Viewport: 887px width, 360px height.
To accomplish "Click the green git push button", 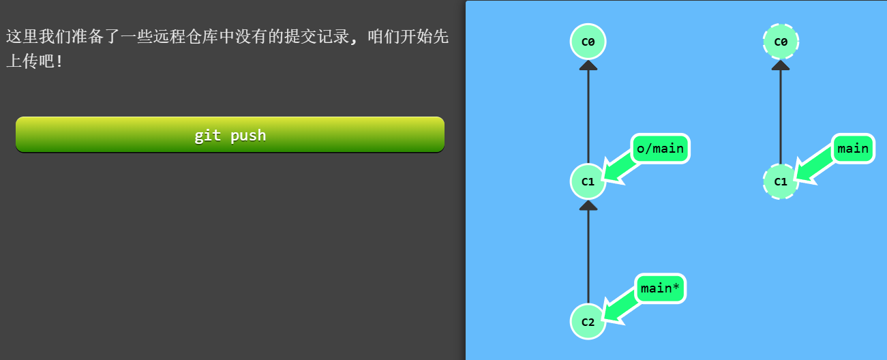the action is point(230,135).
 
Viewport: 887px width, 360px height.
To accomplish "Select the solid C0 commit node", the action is point(588,42).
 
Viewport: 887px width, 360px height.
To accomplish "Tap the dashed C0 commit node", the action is point(781,42).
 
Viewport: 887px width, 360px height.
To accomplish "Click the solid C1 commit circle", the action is point(588,181).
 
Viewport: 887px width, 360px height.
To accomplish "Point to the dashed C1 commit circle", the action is point(781,181).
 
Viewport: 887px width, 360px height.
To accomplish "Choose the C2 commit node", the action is point(588,321).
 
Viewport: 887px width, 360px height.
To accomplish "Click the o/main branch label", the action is point(661,149).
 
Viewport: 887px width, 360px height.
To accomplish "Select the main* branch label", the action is point(660,288).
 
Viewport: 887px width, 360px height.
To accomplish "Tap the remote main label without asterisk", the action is point(852,149).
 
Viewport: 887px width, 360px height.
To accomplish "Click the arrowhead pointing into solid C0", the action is point(588,65).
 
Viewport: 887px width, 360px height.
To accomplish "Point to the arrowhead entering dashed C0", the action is point(781,65).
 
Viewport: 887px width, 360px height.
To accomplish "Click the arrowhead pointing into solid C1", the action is point(588,205).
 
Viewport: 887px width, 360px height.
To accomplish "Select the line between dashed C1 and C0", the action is point(781,116).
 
